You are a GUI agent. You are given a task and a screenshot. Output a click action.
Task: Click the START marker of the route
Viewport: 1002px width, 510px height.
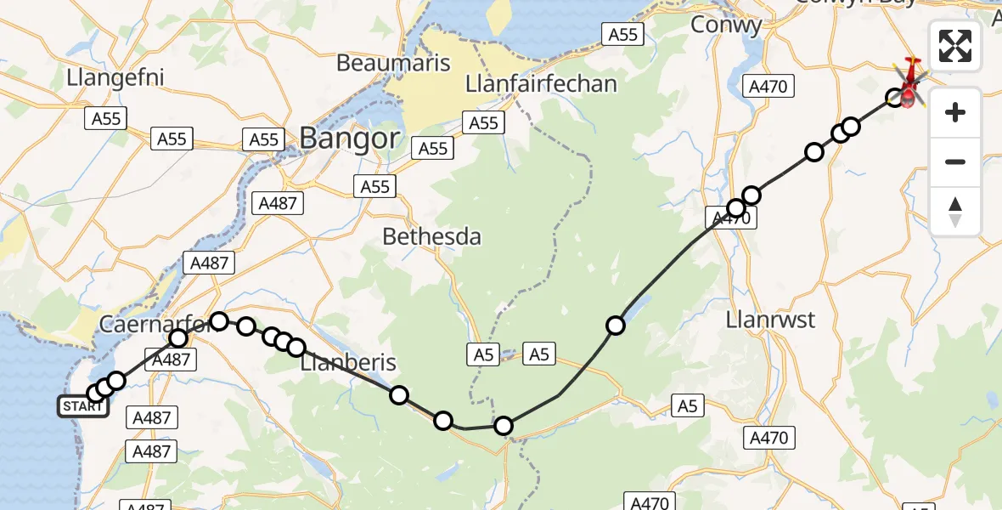pos(83,406)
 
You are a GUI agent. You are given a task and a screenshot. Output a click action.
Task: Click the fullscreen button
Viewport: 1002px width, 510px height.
pos(955,46)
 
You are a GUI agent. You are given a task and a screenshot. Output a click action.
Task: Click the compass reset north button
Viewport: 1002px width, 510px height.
pos(955,212)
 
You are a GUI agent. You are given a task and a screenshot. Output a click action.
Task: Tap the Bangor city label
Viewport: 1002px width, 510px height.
pos(348,138)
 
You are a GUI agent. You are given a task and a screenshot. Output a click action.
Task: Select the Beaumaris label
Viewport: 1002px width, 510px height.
pos(391,62)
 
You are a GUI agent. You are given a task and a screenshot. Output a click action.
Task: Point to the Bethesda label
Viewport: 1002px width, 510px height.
pos(431,236)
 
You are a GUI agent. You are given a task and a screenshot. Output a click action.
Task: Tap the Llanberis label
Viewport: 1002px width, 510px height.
pos(349,363)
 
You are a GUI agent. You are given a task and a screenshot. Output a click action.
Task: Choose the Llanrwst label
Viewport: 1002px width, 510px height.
pos(771,320)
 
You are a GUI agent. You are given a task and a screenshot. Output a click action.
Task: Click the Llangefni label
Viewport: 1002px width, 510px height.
pos(115,78)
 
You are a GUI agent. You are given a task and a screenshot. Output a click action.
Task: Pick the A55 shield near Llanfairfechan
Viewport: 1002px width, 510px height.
pos(484,123)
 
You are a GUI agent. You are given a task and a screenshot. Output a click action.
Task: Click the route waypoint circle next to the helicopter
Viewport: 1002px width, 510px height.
pos(895,98)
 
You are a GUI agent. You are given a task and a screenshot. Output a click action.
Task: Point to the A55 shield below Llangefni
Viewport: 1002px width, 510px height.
pos(106,119)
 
